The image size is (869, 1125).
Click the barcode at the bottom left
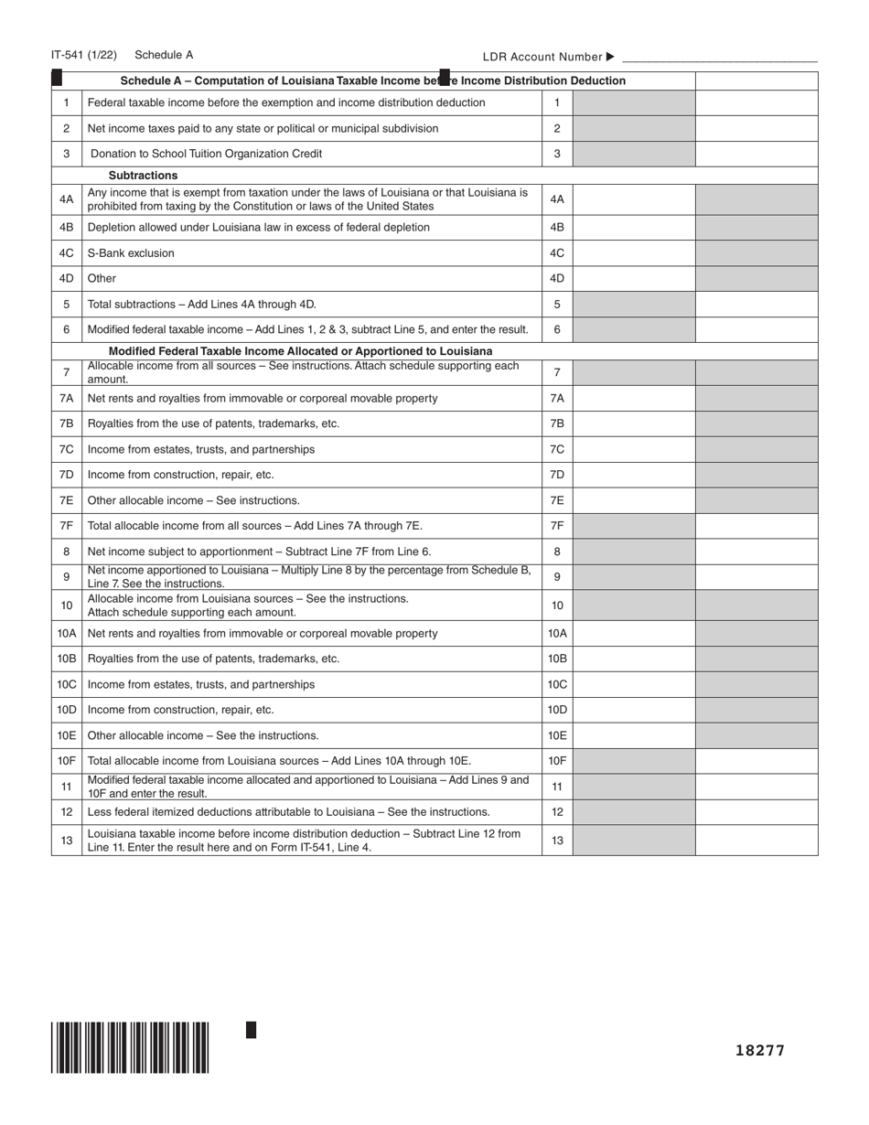tap(130, 1046)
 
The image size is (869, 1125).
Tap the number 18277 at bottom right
tap(760, 1050)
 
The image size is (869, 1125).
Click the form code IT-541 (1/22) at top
tap(84, 55)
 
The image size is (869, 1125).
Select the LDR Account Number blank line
tap(719, 57)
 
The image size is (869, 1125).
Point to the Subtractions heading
tap(143, 176)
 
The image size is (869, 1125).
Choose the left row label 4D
tap(66, 278)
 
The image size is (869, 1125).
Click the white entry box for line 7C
tap(633, 449)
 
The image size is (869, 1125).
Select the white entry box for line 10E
tap(633, 735)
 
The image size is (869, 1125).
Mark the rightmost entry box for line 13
tap(756, 841)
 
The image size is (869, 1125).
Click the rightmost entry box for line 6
tap(756, 329)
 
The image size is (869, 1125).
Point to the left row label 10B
tap(66, 659)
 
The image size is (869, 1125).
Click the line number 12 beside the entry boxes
tap(557, 812)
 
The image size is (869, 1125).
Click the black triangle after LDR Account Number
tap(611, 57)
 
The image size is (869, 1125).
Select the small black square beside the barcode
tap(252, 1030)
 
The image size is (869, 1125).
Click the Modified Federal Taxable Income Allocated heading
tap(300, 351)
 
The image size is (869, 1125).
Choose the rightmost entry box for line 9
tap(756, 577)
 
